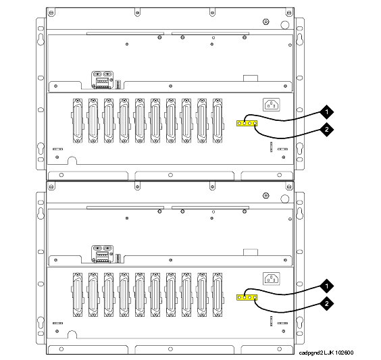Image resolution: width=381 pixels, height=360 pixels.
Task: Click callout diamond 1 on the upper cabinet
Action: tap(326, 112)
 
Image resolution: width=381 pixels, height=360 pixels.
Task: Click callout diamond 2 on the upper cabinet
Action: tap(326, 130)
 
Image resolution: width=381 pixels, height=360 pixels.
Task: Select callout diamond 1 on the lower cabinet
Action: tap(326, 286)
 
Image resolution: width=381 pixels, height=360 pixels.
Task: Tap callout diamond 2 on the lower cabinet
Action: tap(326, 303)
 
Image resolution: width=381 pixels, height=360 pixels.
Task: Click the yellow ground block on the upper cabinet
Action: tap(247, 124)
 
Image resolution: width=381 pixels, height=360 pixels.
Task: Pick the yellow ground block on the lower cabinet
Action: tap(247, 297)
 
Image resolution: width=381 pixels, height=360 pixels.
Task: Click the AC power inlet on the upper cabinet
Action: tap(272, 105)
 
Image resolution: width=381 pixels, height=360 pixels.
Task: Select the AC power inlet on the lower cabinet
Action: tap(272, 279)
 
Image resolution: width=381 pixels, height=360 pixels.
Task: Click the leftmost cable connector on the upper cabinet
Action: tap(78, 120)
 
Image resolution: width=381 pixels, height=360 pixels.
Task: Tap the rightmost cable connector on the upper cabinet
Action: tap(218, 120)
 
